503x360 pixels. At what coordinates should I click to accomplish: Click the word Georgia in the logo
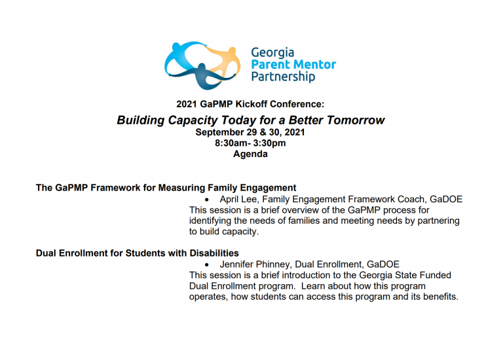pyautogui.click(x=272, y=53)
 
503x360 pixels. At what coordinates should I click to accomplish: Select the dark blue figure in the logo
pyautogui.click(x=203, y=77)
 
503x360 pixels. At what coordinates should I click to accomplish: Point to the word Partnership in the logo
pyautogui.click(x=283, y=77)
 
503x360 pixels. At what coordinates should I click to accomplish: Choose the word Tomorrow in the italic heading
pyautogui.click(x=356, y=120)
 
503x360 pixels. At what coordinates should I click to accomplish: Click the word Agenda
pyautogui.click(x=250, y=154)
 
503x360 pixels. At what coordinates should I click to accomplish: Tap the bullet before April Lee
pyautogui.click(x=207, y=200)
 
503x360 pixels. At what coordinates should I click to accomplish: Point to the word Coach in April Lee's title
pyautogui.click(x=411, y=200)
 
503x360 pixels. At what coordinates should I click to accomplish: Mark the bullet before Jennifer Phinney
pyautogui.click(x=207, y=265)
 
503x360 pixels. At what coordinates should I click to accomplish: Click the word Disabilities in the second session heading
pyautogui.click(x=214, y=253)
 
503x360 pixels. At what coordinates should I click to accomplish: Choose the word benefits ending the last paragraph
pyautogui.click(x=439, y=297)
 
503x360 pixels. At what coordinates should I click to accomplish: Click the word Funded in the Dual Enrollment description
pyautogui.click(x=436, y=275)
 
